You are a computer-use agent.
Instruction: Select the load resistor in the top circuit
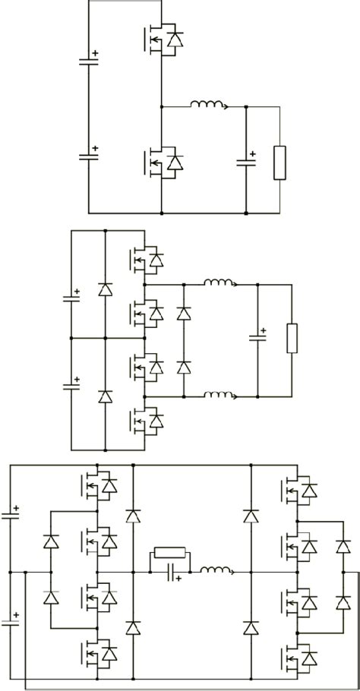click(280, 162)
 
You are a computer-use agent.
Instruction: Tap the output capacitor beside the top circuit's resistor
click(246, 161)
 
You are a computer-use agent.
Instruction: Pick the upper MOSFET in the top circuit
click(160, 39)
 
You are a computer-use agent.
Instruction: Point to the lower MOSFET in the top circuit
click(160, 162)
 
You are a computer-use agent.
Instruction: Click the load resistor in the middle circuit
click(292, 339)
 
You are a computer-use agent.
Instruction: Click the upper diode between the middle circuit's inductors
click(183, 313)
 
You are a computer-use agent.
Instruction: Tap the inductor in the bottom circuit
click(216, 571)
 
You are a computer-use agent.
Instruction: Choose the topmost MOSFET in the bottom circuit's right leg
click(298, 491)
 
